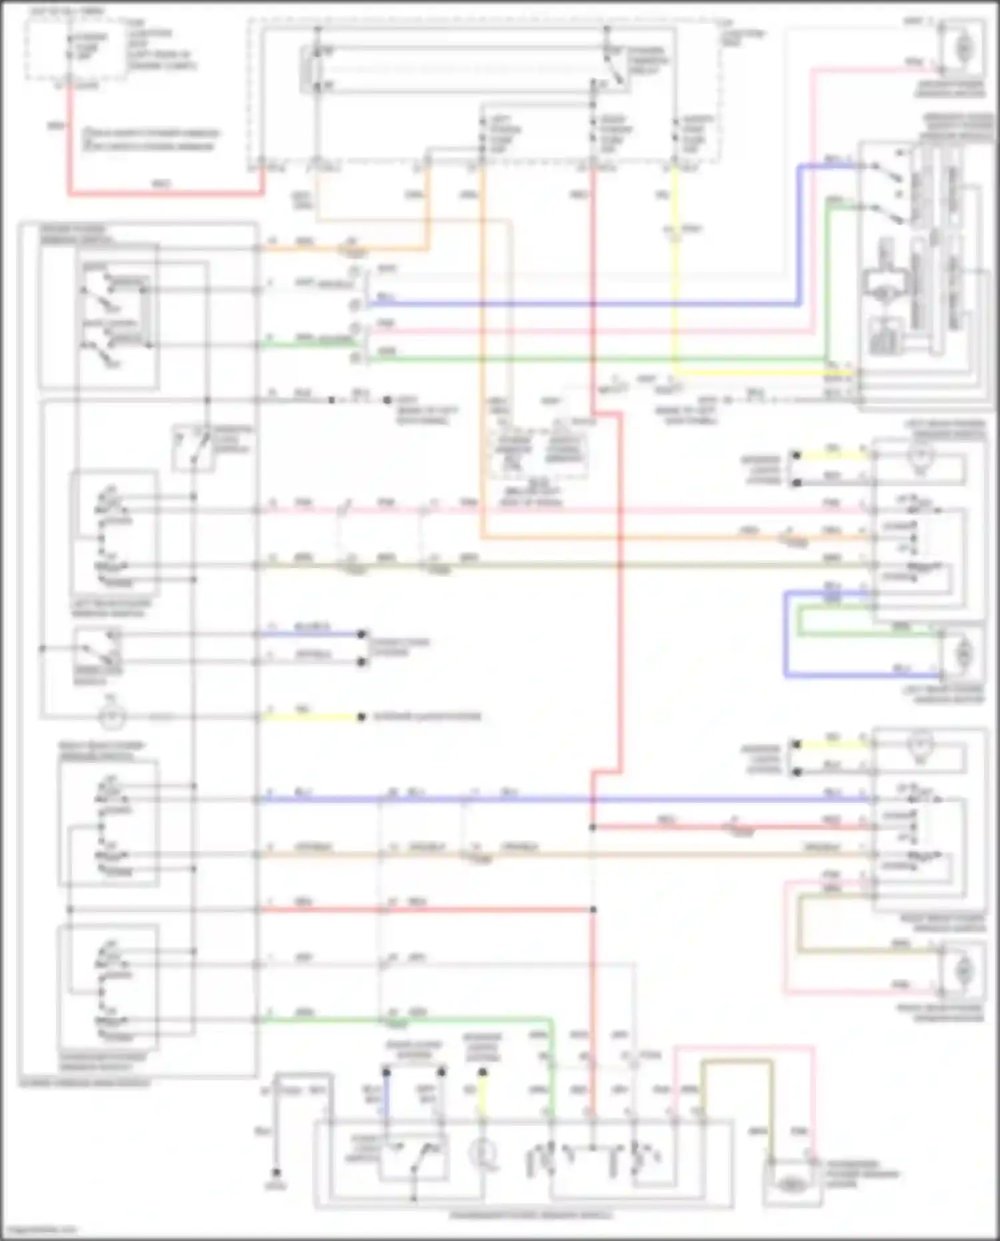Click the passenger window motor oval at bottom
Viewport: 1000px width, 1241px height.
(791, 1184)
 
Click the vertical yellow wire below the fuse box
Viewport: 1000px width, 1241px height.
(675, 267)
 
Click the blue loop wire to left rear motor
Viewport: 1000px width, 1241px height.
(787, 634)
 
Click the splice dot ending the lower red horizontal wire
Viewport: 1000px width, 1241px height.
(593, 910)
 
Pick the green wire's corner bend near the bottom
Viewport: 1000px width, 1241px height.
(551, 1021)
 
